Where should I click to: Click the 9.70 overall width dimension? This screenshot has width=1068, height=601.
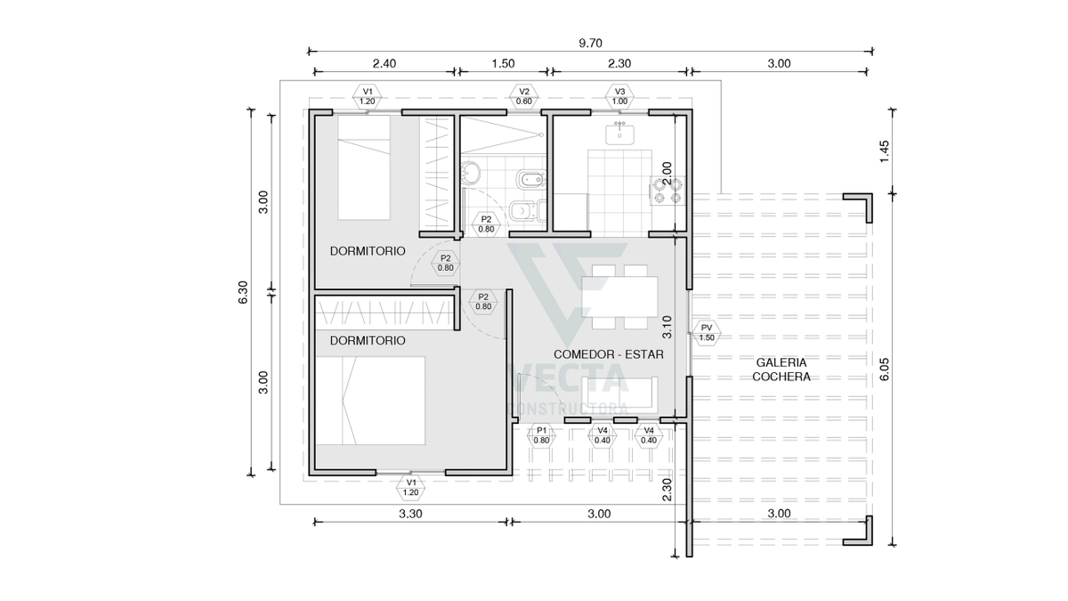[x=590, y=44]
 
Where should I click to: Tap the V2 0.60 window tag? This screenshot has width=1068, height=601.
[x=524, y=96]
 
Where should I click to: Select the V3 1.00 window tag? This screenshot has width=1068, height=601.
[x=619, y=96]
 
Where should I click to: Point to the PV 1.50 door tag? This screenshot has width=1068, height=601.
[x=707, y=333]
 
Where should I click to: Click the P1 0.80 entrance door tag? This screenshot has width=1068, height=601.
[x=542, y=435]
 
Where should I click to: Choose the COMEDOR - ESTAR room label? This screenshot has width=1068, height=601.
[x=609, y=354]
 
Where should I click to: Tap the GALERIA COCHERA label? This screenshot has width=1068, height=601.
[x=781, y=370]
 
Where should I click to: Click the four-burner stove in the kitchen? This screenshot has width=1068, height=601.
[x=667, y=191]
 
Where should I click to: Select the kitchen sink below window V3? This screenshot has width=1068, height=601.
[x=619, y=134]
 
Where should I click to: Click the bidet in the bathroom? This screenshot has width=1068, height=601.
[x=530, y=180]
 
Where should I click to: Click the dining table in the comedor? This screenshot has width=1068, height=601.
[x=619, y=296]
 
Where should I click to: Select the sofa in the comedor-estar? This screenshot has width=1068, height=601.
[x=619, y=395]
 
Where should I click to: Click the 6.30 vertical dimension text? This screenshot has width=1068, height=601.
[x=243, y=292]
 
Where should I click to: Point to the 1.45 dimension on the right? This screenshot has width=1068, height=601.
[x=885, y=151]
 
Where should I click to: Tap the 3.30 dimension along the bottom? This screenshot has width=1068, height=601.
[x=410, y=514]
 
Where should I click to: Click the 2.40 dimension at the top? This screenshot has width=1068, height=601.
[x=384, y=63]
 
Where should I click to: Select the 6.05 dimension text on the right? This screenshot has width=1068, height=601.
[x=885, y=370]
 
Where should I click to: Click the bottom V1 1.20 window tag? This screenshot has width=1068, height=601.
[x=411, y=488]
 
